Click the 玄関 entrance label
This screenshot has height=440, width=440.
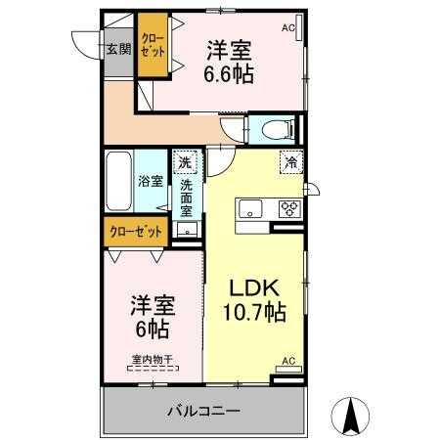(119, 49)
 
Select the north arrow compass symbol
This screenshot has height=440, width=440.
(350, 417)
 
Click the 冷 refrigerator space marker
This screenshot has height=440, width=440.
(291, 162)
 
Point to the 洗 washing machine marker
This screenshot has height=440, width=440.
(185, 161)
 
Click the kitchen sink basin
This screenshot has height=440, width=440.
(250, 208)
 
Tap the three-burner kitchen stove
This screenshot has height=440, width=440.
(290, 209)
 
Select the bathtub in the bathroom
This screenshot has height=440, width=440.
(119, 181)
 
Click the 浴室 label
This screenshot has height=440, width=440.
(151, 181)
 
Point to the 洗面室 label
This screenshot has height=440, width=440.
(187, 198)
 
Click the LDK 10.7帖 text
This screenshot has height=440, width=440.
(254, 300)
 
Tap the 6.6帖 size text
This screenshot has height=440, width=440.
(229, 74)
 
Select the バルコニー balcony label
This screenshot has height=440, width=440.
(203, 411)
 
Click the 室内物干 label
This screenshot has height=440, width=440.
(152, 360)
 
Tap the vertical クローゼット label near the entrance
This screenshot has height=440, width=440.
(153, 45)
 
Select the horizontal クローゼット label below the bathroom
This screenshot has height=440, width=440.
(136, 232)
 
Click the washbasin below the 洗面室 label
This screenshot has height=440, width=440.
(187, 229)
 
